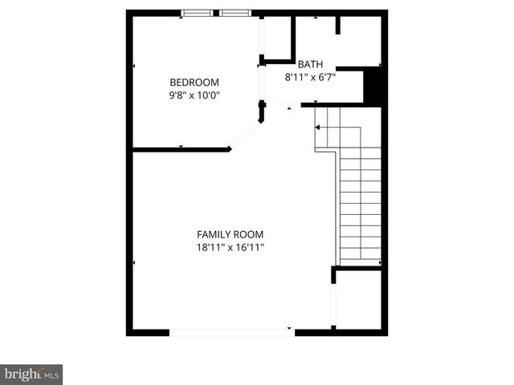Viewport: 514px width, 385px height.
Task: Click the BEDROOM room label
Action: (x=194, y=82)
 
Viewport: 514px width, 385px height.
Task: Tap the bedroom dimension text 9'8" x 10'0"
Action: (x=194, y=95)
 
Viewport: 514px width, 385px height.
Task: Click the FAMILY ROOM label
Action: (x=230, y=234)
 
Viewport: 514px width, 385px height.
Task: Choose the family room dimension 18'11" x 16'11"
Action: (x=230, y=247)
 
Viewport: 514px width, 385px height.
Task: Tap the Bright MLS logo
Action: (x=32, y=374)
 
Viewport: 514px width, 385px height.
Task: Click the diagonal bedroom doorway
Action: (x=246, y=135)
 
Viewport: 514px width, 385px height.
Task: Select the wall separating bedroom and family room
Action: (x=181, y=149)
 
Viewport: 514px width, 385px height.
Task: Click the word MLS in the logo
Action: (x=51, y=375)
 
